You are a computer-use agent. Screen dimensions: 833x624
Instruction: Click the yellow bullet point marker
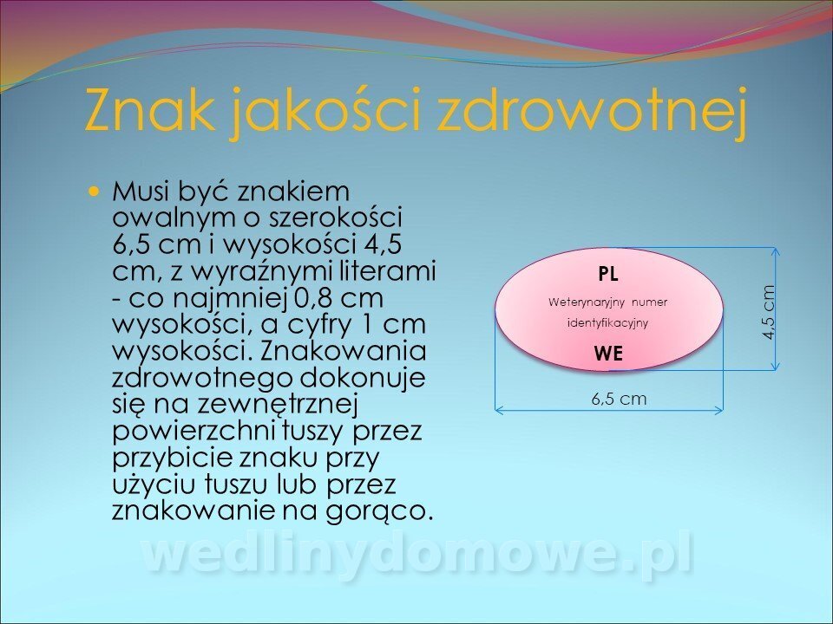[95, 190]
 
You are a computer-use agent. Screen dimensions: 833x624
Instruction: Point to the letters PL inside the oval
[608, 275]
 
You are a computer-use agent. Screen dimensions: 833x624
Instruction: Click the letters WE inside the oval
[608, 354]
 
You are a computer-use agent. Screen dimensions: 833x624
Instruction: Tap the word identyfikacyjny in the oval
[608, 323]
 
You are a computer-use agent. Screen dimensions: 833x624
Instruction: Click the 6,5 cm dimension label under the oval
[619, 399]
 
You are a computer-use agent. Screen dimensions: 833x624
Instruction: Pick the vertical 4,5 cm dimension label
[768, 312]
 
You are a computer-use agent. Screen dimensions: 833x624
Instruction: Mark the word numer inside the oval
[649, 303]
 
